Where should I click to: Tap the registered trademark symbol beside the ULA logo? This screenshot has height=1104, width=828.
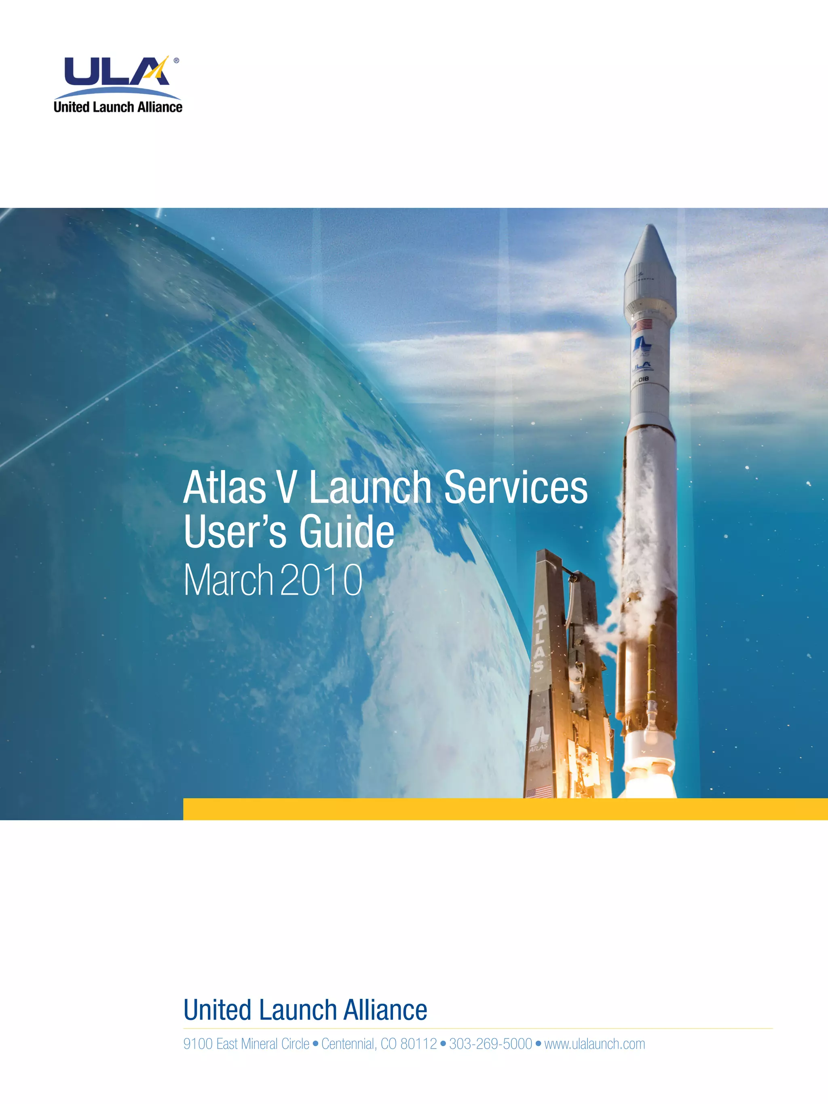(x=176, y=60)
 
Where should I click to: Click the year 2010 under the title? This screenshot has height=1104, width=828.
(x=321, y=580)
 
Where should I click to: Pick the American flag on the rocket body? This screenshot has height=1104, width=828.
(x=642, y=326)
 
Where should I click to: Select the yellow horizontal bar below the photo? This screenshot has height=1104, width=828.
(x=505, y=809)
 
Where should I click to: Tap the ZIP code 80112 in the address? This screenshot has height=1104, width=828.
(x=418, y=1044)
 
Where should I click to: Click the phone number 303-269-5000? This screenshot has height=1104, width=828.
(x=490, y=1044)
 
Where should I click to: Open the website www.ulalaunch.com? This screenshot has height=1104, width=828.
(x=594, y=1044)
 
